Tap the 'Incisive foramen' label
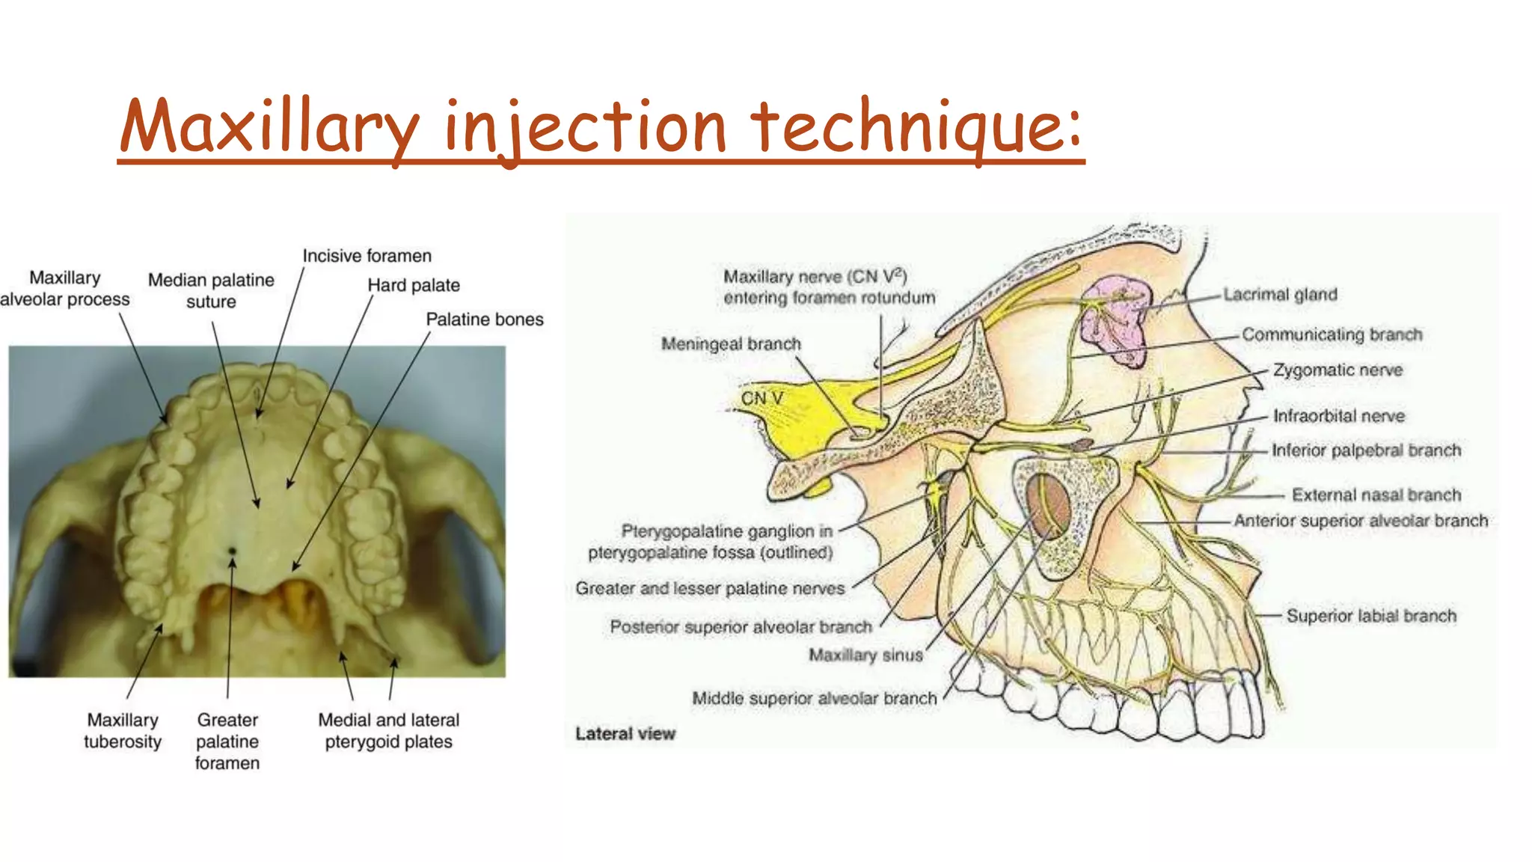[x=367, y=256]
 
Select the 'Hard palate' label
[x=414, y=285]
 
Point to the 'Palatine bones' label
[x=485, y=320]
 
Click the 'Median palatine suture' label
[x=211, y=290]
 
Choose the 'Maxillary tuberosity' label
[x=123, y=730]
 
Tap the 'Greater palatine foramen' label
[x=227, y=741]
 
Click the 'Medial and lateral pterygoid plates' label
[x=388, y=730]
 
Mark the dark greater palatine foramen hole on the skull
[x=232, y=551]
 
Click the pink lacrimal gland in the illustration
[x=1115, y=318]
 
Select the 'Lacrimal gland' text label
[x=1280, y=295]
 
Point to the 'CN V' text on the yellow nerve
[x=762, y=399]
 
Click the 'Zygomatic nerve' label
[x=1338, y=370]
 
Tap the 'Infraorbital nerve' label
[x=1339, y=416]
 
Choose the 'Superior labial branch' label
[x=1371, y=616]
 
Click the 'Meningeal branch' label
[x=731, y=344]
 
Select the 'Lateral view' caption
[x=625, y=733]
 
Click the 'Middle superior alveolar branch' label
[x=814, y=698]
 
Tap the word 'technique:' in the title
[x=916, y=127]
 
